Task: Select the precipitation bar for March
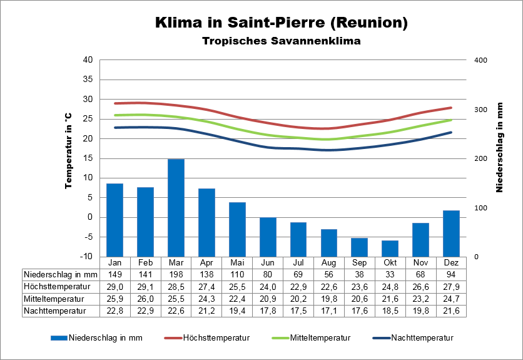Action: (x=176, y=208)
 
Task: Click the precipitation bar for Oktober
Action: (x=390, y=249)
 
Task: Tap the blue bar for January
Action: (x=115, y=220)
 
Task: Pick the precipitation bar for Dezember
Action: (x=452, y=234)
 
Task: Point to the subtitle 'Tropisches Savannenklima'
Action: (x=282, y=41)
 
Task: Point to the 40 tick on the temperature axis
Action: (x=88, y=60)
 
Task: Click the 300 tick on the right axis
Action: (x=480, y=110)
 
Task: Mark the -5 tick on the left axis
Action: (x=88, y=237)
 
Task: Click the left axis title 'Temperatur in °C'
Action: (x=68, y=150)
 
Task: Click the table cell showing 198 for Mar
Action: (x=176, y=274)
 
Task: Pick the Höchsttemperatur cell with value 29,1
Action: (x=146, y=286)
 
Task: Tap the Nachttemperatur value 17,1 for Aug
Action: (x=329, y=310)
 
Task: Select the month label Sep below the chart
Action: (x=360, y=262)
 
